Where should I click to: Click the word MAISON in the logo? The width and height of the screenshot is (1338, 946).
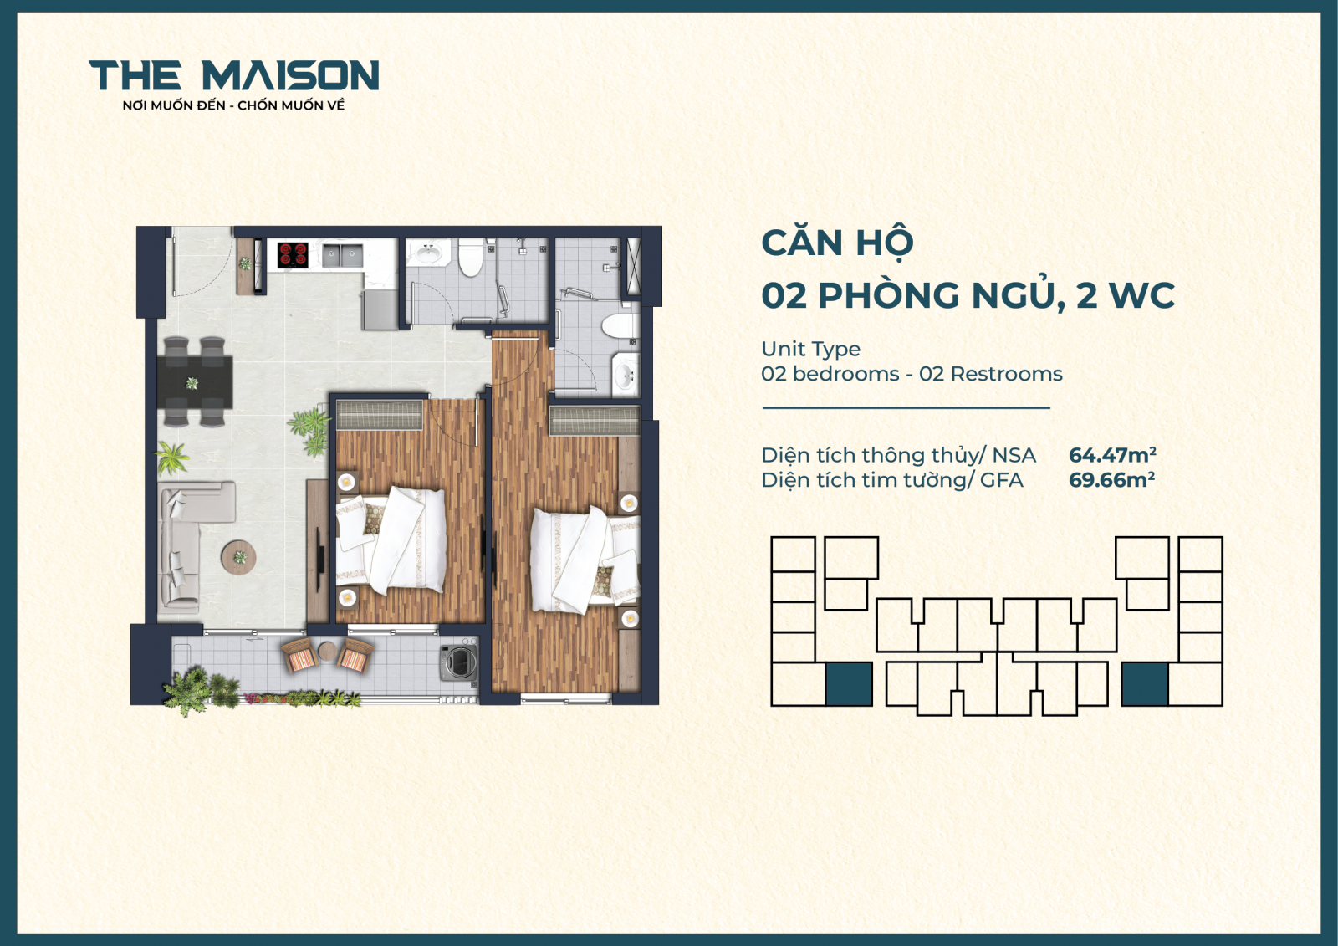coord(290,76)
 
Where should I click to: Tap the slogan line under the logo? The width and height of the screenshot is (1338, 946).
coord(233,105)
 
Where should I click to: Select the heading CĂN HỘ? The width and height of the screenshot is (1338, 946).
coord(837,244)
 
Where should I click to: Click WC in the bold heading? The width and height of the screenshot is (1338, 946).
coord(1141,295)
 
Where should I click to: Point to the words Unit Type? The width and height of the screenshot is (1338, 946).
coord(810,349)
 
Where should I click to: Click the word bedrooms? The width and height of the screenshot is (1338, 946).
coord(845,374)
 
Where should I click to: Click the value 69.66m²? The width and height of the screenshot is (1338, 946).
coord(1111,480)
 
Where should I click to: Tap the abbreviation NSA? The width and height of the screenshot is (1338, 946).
coord(1014,455)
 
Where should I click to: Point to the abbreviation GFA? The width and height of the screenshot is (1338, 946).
coord(1001,480)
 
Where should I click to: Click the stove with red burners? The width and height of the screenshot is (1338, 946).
coord(293,254)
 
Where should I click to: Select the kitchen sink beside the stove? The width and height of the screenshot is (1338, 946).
coord(342,255)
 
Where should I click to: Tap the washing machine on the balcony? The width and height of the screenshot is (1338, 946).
coord(459,662)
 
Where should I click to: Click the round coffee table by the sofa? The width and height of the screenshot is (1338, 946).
coord(239,556)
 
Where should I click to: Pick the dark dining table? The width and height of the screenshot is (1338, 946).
coord(194,382)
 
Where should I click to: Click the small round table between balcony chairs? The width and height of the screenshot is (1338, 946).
coord(326,651)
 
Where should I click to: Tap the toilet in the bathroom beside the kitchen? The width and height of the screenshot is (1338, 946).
coord(471,258)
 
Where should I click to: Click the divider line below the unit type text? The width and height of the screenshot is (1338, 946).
coord(906,408)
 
